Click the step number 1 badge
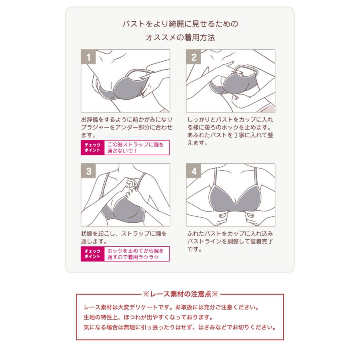tap(88, 57)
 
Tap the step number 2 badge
tap(194, 57)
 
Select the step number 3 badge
tap(88, 171)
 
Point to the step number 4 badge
tap(194, 171)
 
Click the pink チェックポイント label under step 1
tap(92, 148)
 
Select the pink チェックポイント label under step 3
tap(92, 254)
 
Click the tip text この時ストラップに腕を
tap(136, 145)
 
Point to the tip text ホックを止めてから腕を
tap(136, 251)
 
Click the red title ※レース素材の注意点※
tap(180, 294)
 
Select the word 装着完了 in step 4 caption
tap(262, 242)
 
